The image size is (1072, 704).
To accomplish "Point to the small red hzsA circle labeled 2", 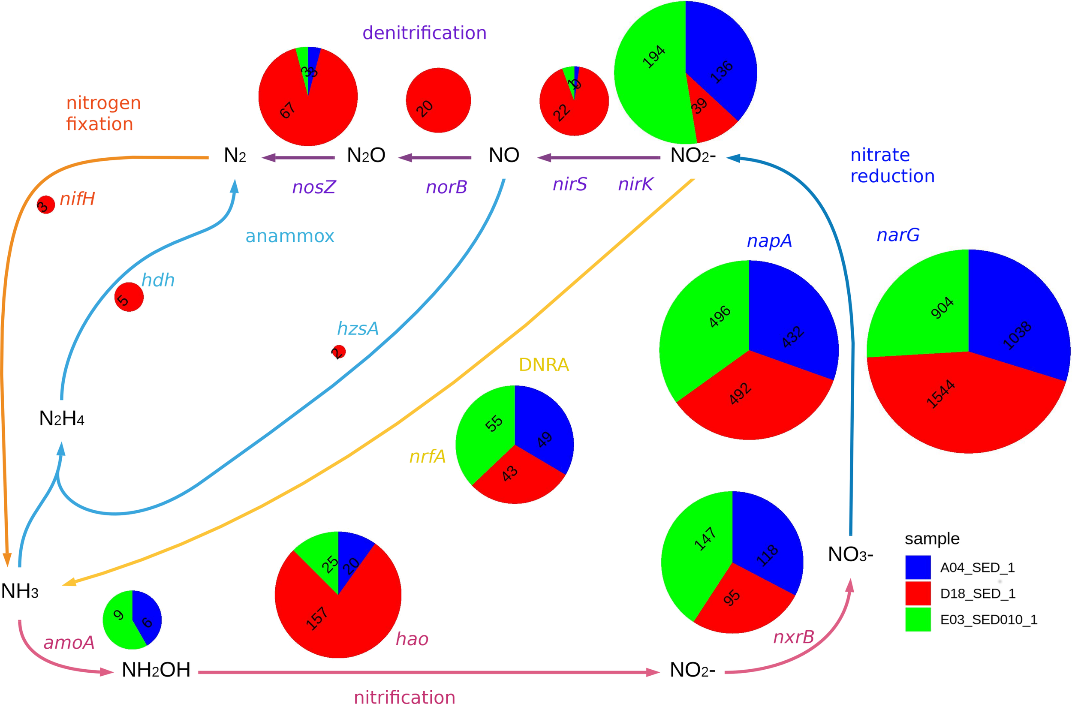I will tap(338, 351).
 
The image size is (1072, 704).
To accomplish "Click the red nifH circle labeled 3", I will tap(45, 205).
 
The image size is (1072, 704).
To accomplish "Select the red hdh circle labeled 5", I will tap(129, 297).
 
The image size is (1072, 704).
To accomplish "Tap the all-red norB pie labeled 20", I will tap(438, 100).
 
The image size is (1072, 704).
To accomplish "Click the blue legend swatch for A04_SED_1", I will tap(918, 567).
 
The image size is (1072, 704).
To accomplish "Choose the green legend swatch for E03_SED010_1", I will tap(918, 619).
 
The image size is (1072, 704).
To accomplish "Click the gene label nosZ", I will tap(313, 187).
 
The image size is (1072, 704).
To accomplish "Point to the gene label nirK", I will tap(635, 184).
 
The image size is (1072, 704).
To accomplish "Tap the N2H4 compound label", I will tap(62, 418).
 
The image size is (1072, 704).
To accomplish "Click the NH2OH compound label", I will tap(156, 670).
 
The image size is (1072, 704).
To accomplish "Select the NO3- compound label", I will tap(850, 554).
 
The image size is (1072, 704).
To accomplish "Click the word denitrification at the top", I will tap(424, 33).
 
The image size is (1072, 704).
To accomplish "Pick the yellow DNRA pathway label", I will tap(544, 364).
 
